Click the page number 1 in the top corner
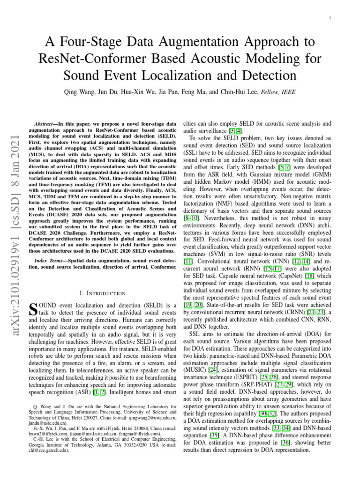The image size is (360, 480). [x=331, y=18]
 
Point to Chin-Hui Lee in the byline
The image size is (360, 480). [x=242, y=93]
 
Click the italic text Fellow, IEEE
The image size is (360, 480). [x=281, y=93]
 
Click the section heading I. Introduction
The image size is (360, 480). [x=102, y=293]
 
